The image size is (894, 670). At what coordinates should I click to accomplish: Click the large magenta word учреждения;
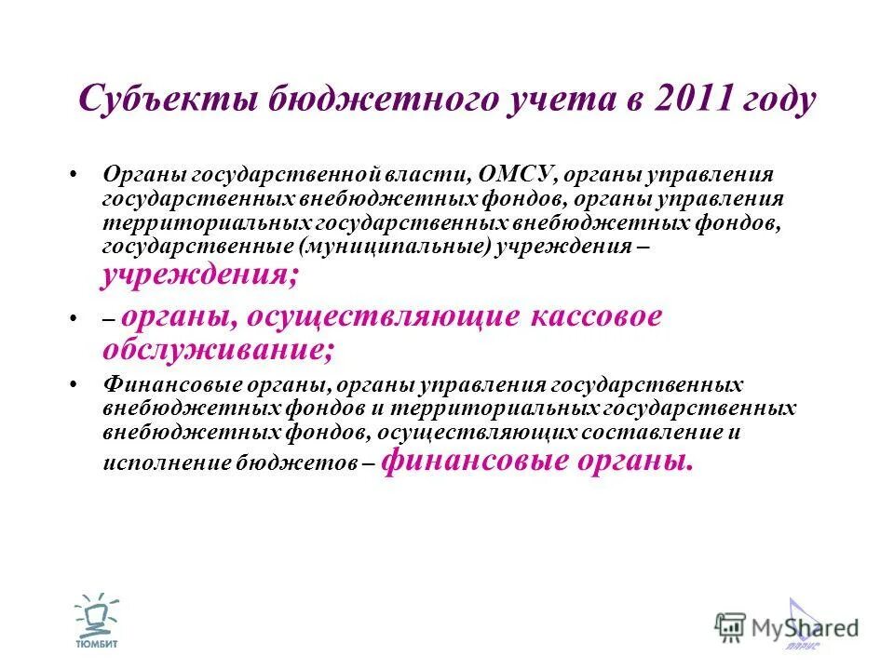201,275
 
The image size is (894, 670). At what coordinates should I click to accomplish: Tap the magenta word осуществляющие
384,316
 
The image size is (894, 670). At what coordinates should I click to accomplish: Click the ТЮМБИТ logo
97,618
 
